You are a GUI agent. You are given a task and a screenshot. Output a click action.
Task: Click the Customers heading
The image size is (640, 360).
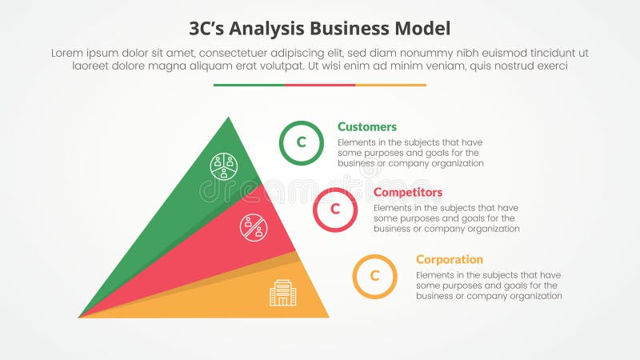point(366,126)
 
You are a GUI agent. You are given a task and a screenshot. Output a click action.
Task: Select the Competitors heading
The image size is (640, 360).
point(408,193)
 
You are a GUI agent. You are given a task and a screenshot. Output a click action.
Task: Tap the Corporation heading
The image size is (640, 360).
point(449,259)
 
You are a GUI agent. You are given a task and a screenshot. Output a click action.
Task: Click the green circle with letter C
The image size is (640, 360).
point(302,143)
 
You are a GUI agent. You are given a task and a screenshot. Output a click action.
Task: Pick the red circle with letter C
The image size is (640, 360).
point(335,210)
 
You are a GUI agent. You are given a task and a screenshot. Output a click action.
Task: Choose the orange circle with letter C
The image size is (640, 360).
point(374,276)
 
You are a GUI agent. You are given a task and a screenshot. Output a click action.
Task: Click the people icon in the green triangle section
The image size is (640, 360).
point(224,166)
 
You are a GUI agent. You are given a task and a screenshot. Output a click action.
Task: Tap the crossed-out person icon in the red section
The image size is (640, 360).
point(254,227)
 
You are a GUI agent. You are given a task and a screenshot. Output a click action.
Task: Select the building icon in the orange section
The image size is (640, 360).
point(282,293)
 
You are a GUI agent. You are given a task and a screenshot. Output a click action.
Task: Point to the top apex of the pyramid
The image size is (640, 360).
point(229,119)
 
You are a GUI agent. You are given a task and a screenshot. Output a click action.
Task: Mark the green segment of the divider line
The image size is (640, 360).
point(249,85)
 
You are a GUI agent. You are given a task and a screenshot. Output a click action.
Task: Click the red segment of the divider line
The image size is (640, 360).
point(319,85)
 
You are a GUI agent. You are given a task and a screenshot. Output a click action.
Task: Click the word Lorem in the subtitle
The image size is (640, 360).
point(67,53)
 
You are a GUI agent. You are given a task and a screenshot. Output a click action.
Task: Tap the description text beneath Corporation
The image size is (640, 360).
point(488,286)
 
